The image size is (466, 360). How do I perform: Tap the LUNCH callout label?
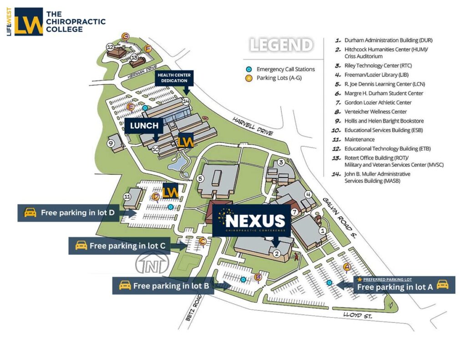(145, 126)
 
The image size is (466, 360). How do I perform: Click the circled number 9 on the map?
(111, 142)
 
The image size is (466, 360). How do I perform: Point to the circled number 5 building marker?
(200, 179)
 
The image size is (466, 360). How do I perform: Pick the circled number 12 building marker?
(110, 46)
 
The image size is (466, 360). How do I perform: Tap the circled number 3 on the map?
(281, 162)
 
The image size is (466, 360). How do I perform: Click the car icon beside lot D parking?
(30, 213)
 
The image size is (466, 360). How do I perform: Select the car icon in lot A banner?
(442, 284)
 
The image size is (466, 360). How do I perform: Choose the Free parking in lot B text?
(171, 286)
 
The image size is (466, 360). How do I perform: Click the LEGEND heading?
(281, 45)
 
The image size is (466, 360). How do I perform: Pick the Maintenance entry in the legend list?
(360, 139)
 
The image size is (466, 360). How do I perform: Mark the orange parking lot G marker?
(125, 36)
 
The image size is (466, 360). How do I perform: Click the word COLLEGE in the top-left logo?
(64, 29)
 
